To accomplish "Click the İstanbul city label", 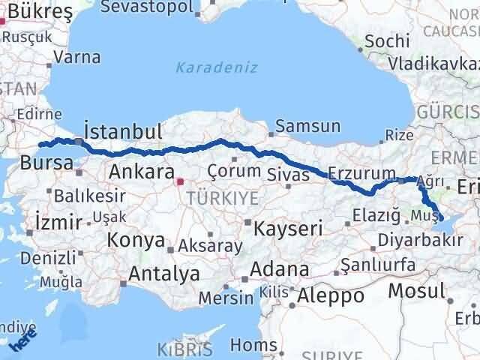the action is click(123, 132).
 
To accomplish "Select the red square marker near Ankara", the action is click(179, 181).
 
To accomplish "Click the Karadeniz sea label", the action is click(217, 67).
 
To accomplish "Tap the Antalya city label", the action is click(163, 274).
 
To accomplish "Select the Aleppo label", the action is click(330, 295).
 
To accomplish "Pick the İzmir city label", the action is click(57, 221).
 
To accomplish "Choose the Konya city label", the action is click(136, 241).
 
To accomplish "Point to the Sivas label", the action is click(288, 175).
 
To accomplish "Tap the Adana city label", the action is click(280, 269).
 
